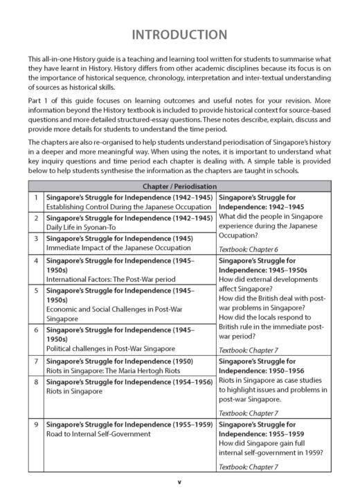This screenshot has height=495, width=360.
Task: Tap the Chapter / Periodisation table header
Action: coord(179,187)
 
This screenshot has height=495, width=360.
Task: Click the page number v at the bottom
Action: coord(179,480)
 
